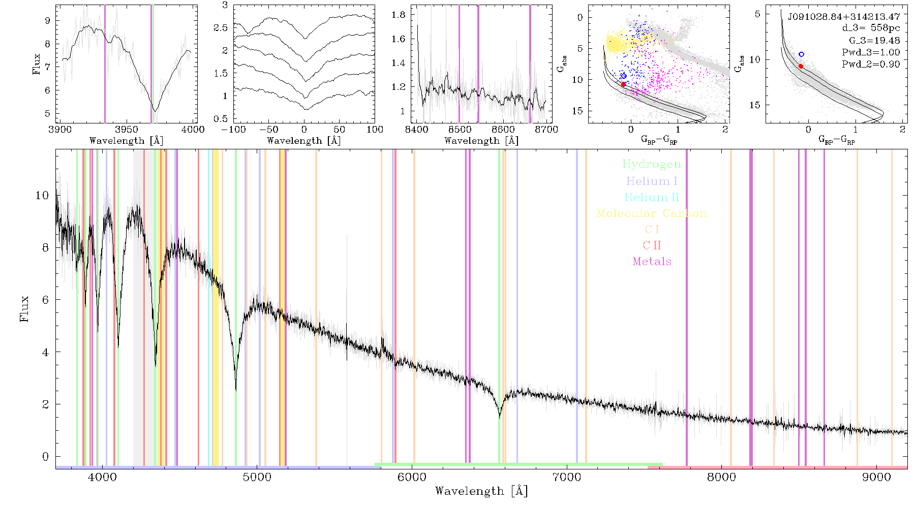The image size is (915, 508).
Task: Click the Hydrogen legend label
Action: click(x=651, y=164)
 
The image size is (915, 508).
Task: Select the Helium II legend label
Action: click(x=651, y=197)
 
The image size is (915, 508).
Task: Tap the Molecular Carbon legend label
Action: click(x=651, y=213)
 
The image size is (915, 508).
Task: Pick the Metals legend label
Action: click(x=652, y=261)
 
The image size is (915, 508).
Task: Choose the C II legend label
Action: click(x=652, y=245)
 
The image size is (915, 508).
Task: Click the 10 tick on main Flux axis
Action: click(x=42, y=196)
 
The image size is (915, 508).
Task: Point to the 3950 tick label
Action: click(x=127, y=130)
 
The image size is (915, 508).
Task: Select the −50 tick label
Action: click(x=269, y=130)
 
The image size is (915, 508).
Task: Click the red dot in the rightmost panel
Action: click(x=801, y=66)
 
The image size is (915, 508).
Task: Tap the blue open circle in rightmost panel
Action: click(x=801, y=54)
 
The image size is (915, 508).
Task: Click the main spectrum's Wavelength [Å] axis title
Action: click(x=481, y=491)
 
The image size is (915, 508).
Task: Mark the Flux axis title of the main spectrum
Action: click(x=24, y=309)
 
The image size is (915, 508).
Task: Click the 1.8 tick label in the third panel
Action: click(x=399, y=15)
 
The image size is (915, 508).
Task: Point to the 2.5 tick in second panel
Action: click(x=221, y=27)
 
